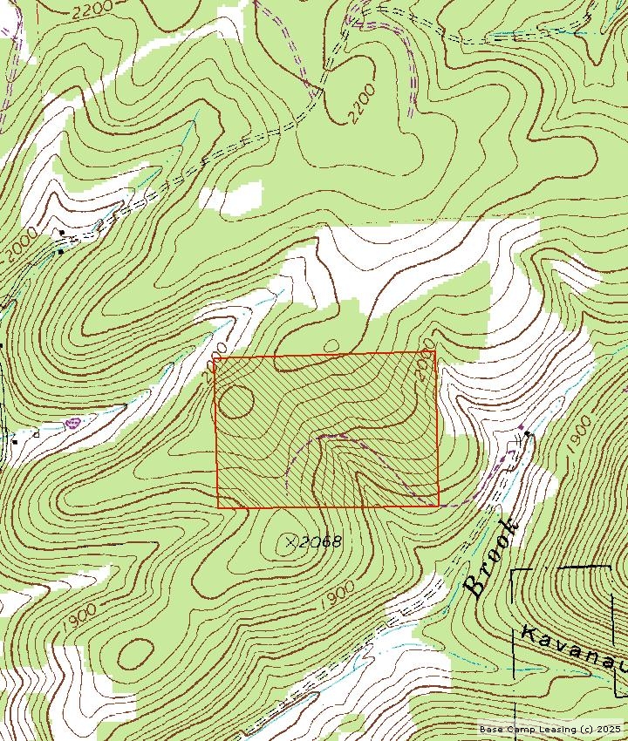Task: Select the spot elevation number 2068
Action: click(318, 542)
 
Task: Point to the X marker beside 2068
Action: click(291, 542)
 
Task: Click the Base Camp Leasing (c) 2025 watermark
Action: click(550, 729)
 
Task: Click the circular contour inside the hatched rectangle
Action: click(236, 402)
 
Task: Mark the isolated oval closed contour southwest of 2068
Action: click(134, 652)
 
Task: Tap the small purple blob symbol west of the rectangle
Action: click(72, 423)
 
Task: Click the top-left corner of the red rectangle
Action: click(215, 357)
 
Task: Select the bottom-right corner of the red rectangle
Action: click(438, 505)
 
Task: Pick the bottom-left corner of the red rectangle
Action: click(218, 506)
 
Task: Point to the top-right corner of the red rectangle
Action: click(435, 352)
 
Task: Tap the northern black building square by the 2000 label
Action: click(62, 233)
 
